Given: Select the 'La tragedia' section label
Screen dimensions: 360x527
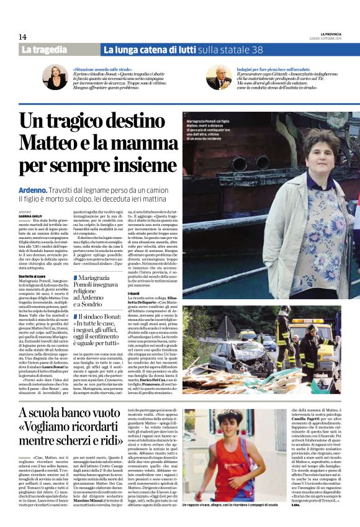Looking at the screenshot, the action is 45,49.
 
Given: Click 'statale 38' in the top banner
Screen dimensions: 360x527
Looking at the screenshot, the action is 248,49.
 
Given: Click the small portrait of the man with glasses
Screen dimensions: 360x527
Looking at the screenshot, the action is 218,76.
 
